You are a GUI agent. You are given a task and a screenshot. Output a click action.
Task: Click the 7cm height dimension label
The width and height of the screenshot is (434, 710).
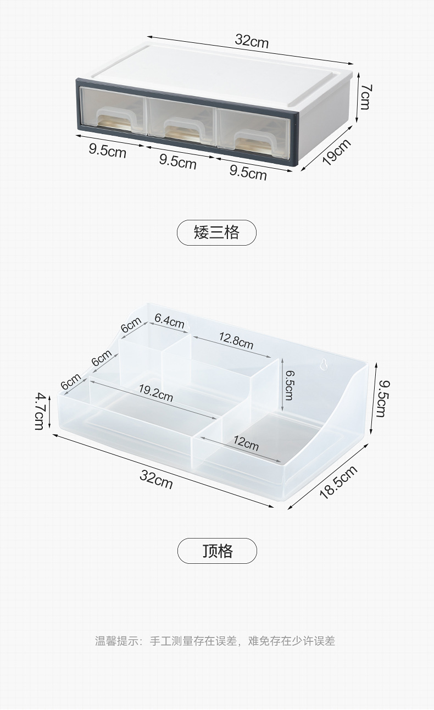366,97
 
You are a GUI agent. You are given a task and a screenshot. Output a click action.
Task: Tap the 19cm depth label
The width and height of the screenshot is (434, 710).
336,152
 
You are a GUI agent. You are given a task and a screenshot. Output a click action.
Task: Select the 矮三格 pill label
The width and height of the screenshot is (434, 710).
216,232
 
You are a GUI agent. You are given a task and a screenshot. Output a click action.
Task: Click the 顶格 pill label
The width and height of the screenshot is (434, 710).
217,551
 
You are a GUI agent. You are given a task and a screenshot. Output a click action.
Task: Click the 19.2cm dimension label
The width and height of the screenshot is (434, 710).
155,393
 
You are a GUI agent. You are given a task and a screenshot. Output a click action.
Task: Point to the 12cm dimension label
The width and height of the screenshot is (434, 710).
245,442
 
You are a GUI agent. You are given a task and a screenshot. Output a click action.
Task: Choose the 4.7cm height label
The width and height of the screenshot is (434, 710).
40,411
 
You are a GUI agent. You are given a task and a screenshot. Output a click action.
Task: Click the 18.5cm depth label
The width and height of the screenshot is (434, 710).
338,481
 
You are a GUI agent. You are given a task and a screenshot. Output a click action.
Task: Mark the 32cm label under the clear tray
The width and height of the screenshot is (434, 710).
156,479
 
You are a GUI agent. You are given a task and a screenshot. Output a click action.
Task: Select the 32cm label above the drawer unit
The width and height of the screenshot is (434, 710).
252,41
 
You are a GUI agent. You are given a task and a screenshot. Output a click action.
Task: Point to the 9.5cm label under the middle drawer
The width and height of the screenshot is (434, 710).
177,162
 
